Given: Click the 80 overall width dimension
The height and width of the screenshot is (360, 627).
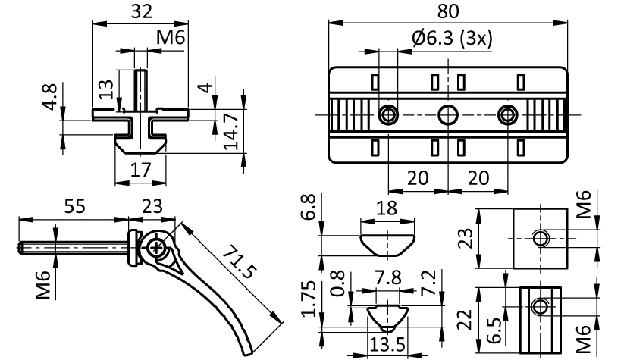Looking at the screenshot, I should click(x=450, y=12).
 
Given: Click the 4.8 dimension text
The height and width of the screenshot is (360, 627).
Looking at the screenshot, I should click(x=49, y=98).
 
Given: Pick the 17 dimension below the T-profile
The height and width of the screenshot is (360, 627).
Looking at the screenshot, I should click(x=140, y=170).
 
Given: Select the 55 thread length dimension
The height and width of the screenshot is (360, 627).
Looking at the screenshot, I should click(x=74, y=205).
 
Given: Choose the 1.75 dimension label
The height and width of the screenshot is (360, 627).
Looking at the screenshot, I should click(x=308, y=297).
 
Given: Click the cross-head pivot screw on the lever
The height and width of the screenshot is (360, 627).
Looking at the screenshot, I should click(x=157, y=247).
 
